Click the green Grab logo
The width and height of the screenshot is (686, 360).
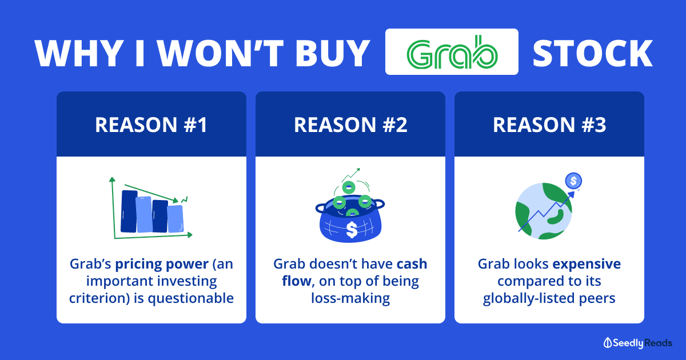click(452, 52)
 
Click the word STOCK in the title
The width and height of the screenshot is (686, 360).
click(593, 53)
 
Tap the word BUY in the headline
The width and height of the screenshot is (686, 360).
click(332, 53)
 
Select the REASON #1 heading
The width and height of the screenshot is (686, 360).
click(151, 125)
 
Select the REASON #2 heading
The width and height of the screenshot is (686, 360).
click(350, 125)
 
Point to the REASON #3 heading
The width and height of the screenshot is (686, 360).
click(549, 125)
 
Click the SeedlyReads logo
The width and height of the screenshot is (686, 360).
click(638, 343)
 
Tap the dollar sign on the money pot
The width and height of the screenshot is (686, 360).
click(352, 230)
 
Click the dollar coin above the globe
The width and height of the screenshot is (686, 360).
click(573, 181)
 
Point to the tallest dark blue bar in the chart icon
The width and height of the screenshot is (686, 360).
click(129, 211)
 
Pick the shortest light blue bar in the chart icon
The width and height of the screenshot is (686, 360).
click(176, 218)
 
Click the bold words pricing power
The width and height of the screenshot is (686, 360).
click(162, 264)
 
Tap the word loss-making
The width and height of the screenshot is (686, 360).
click(350, 298)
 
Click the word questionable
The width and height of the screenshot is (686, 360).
click(191, 298)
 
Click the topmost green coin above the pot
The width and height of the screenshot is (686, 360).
click(349, 187)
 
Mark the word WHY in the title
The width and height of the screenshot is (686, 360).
click(79, 53)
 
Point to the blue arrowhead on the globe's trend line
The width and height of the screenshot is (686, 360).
click(571, 195)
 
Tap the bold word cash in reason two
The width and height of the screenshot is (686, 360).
click(412, 264)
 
